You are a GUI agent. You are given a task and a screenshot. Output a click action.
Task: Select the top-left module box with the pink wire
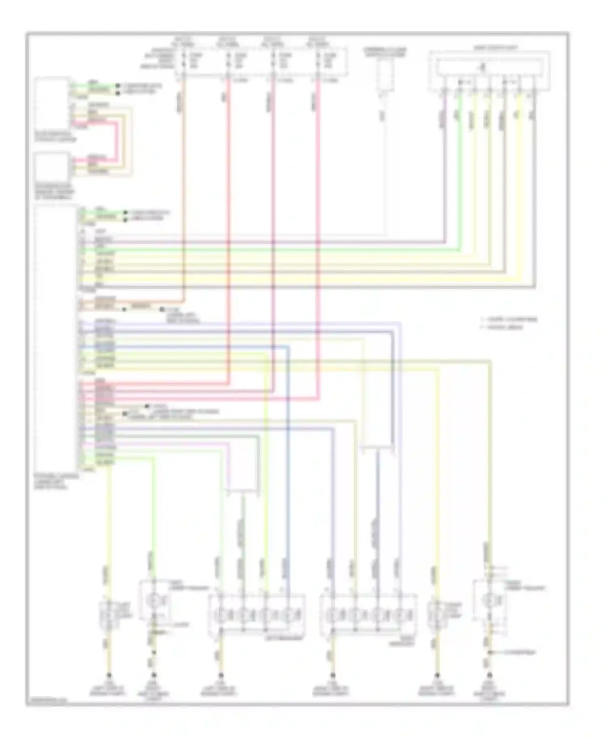pyautogui.click(x=52, y=103)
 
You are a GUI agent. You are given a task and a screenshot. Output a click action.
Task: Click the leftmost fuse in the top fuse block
pyautogui.click(x=184, y=61)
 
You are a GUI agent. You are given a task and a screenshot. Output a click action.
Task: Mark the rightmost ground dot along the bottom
pyautogui.click(x=490, y=675)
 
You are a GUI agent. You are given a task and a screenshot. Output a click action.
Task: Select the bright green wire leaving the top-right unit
pyautogui.click(x=459, y=161)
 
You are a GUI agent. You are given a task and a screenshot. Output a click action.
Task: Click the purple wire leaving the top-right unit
pyautogui.click(x=445, y=161)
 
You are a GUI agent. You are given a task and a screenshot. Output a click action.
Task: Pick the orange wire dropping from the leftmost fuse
pyautogui.click(x=184, y=182)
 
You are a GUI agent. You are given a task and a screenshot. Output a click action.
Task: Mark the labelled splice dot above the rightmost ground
pyautogui.click(x=490, y=652)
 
